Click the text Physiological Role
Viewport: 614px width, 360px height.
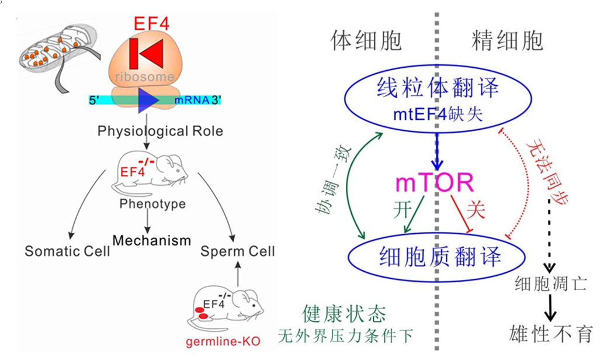[x=161, y=130]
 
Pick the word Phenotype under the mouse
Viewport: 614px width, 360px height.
[x=152, y=204]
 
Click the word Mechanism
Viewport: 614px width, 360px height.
[x=152, y=240]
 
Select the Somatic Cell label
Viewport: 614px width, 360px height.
[x=67, y=252]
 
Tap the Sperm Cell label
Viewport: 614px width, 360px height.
[x=237, y=252]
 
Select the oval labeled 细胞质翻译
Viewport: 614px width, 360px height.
[x=435, y=255]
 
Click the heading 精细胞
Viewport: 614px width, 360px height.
[x=508, y=40]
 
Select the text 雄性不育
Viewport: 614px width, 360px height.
[x=551, y=334]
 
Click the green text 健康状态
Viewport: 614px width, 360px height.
[x=344, y=314]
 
